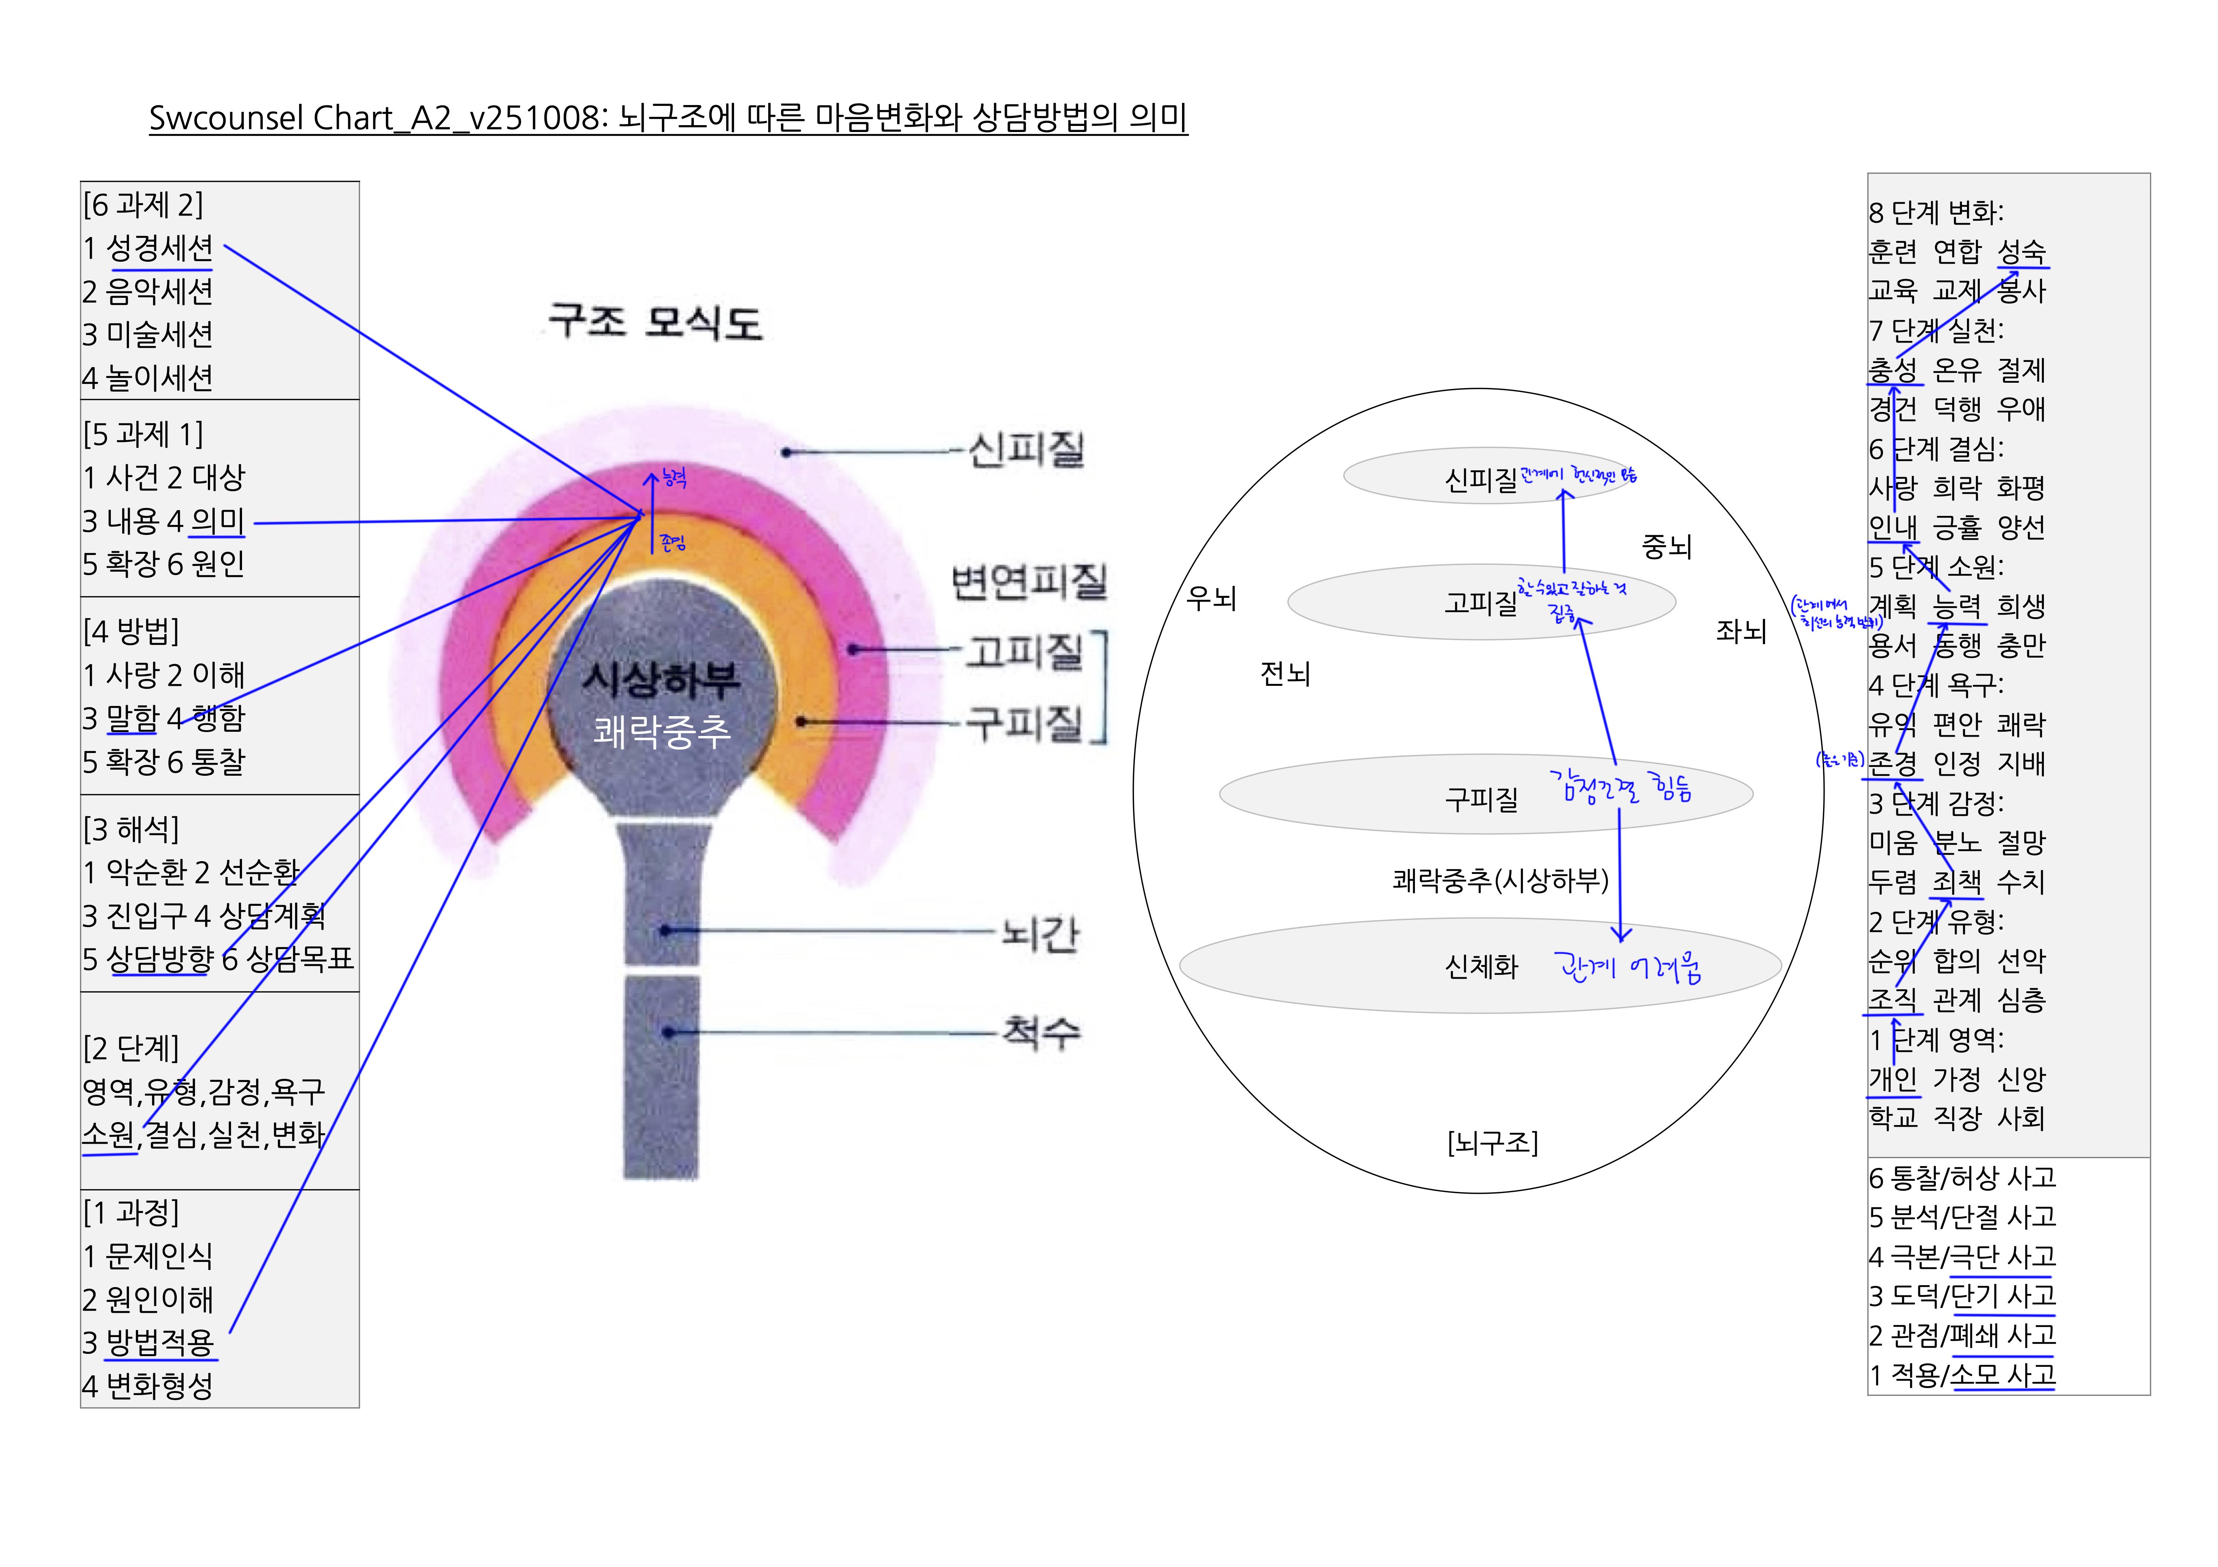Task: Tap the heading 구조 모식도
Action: (655, 322)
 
